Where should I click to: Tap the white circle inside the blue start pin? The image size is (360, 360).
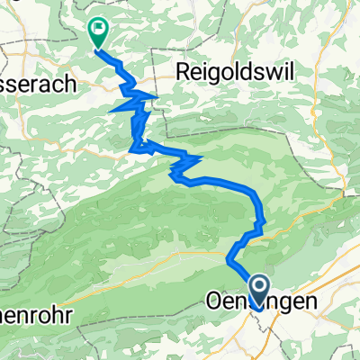[261, 289]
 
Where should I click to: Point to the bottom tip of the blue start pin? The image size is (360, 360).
[261, 310]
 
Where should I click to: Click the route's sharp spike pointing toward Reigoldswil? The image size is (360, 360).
[157, 95]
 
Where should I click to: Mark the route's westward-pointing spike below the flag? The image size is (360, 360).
[111, 110]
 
